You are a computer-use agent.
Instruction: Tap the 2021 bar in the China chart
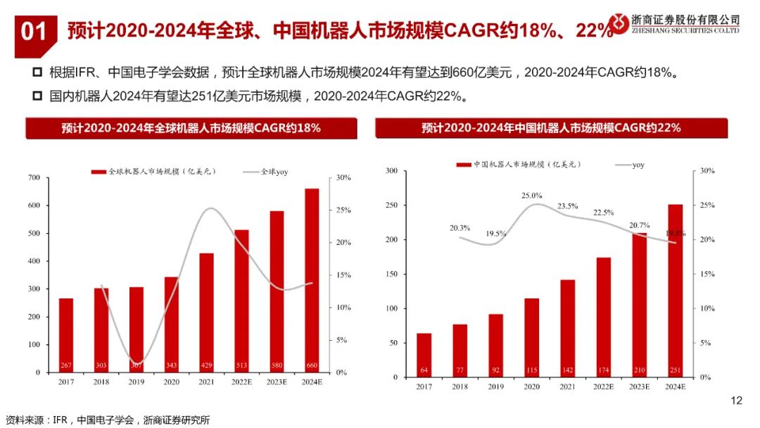click(567, 328)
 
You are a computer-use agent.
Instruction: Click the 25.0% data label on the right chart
click(532, 195)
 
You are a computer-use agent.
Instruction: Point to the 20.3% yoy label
click(460, 228)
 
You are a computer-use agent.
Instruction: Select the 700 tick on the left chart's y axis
click(32, 177)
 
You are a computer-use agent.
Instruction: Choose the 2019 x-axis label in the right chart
click(495, 386)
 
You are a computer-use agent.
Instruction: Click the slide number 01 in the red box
click(34, 32)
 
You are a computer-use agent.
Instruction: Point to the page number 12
click(736, 401)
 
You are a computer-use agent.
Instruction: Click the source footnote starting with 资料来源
click(106, 420)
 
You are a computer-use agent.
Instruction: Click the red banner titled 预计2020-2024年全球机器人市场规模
click(191, 128)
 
